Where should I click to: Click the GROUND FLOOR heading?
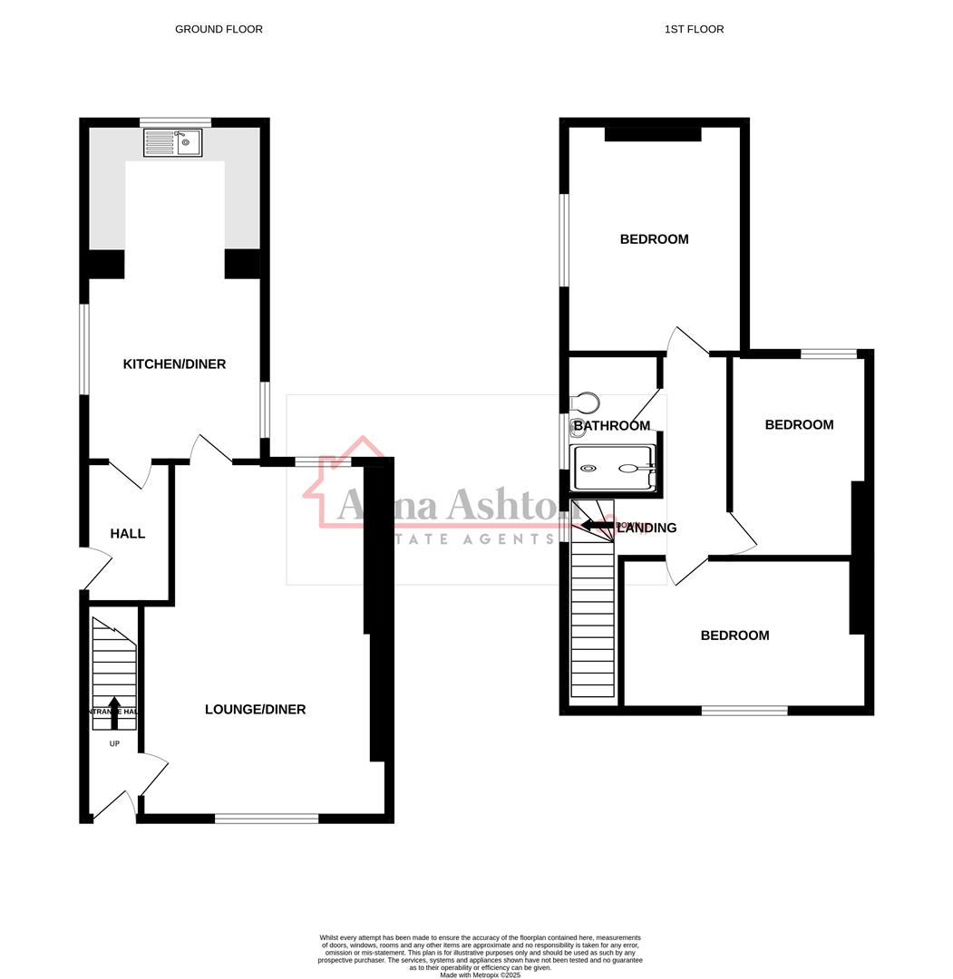[219, 29]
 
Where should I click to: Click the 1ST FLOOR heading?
[694, 29]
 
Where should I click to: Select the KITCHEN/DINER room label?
[174, 364]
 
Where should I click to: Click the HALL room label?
[128, 534]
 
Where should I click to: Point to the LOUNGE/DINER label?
[255, 710]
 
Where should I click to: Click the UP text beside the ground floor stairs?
[114, 744]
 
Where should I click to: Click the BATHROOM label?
[611, 426]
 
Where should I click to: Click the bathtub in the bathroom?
[612, 468]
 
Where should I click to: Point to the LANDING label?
[647, 528]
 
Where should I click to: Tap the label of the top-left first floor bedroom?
[654, 239]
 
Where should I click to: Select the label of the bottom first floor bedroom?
[734, 635]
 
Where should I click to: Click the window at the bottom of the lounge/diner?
[267, 819]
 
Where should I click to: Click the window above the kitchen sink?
[175, 122]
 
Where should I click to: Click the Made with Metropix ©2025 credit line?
[480, 974]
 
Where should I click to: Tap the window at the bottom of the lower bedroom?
[744, 711]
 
